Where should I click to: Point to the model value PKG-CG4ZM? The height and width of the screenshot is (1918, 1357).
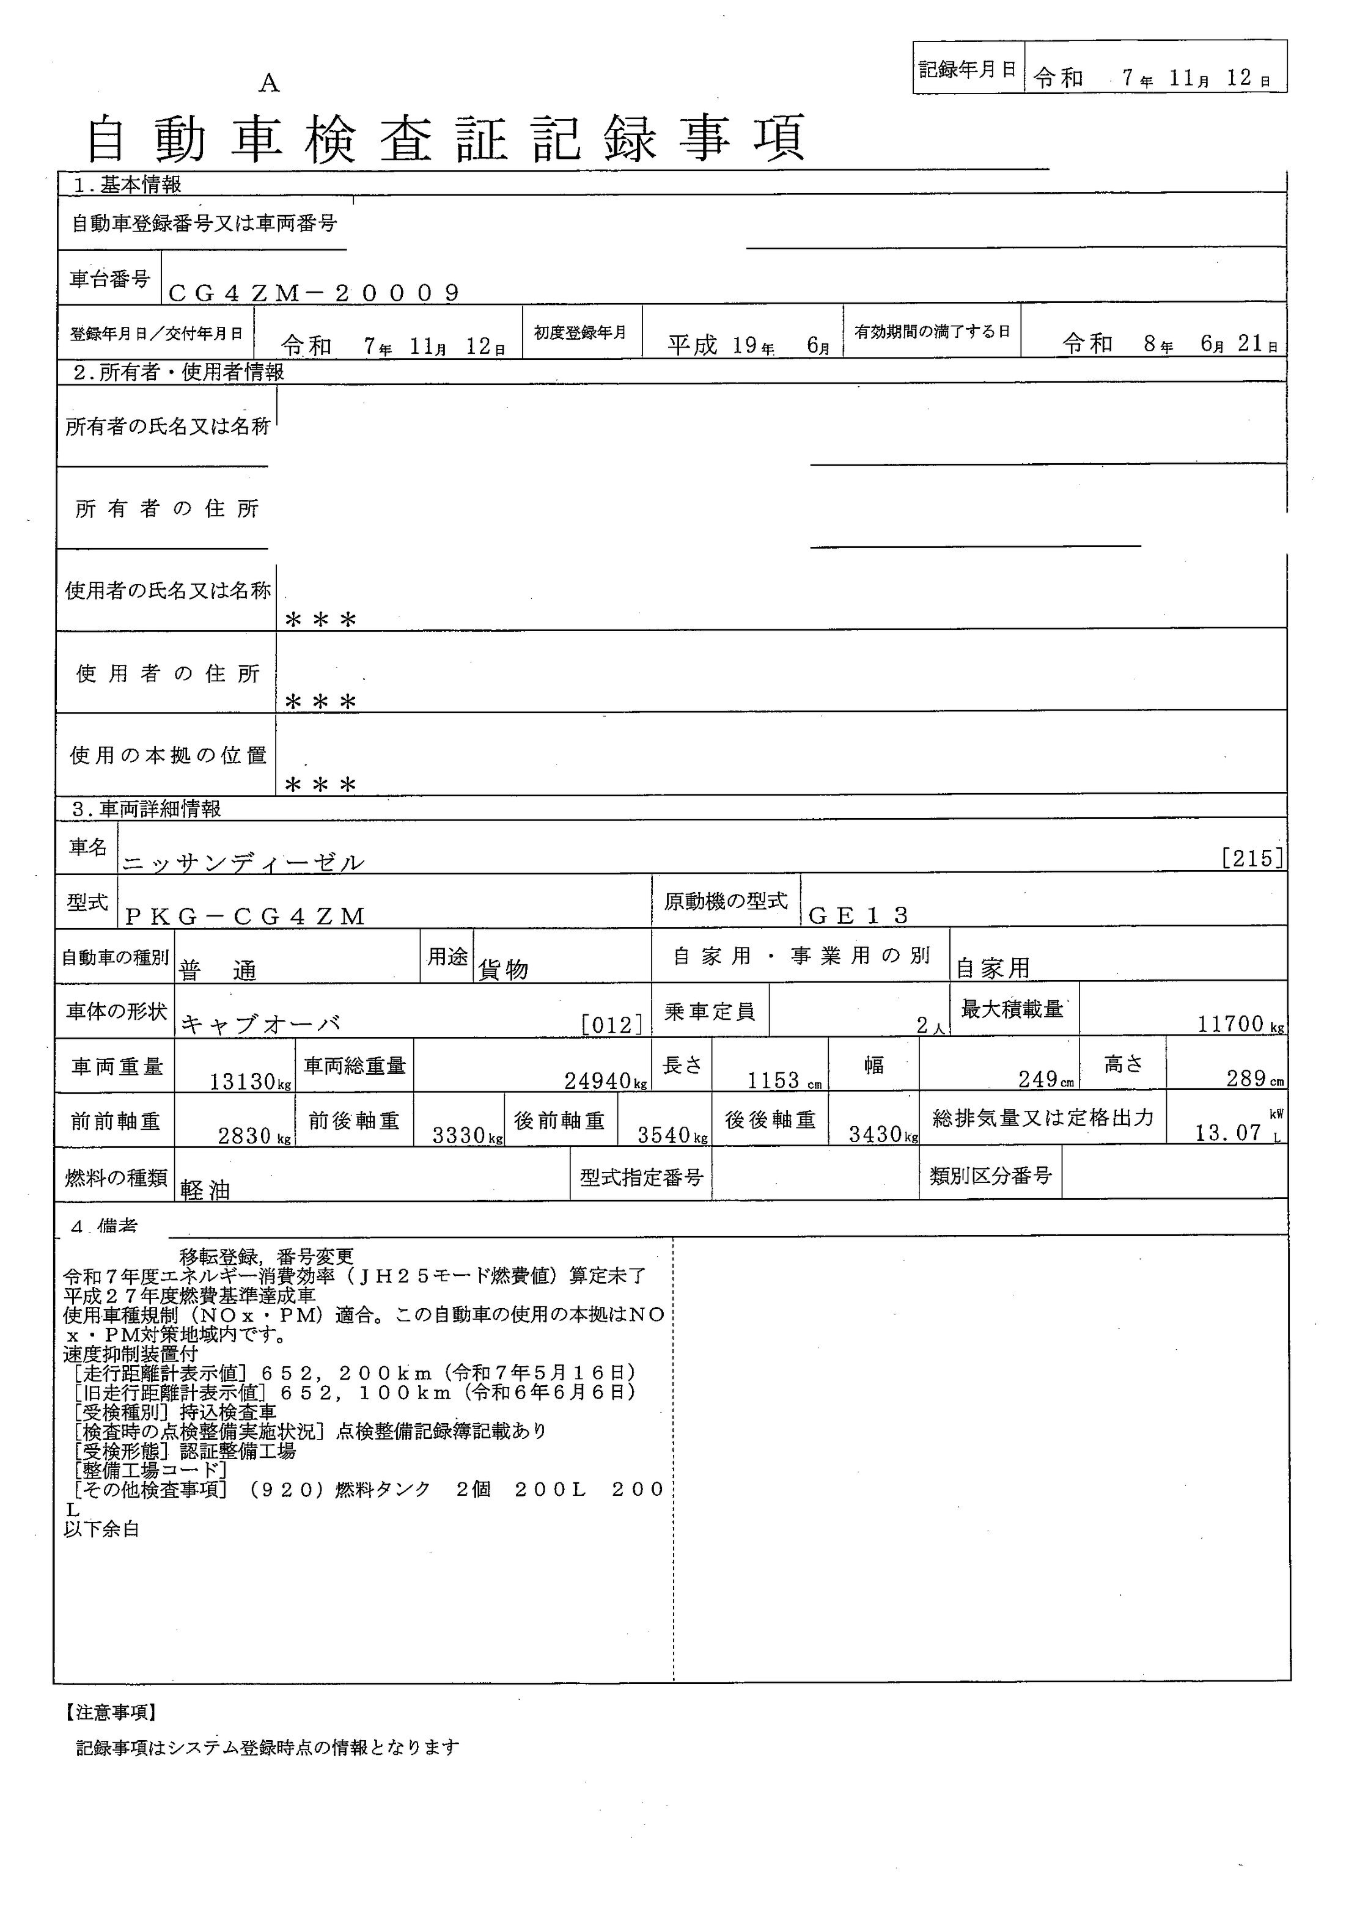[245, 917]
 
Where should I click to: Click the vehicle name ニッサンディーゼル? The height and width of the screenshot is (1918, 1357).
[243, 862]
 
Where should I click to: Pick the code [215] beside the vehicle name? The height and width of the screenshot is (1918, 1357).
[1251, 858]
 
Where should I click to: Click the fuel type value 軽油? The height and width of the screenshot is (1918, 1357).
[205, 1190]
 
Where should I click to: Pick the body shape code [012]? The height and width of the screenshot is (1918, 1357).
[612, 1024]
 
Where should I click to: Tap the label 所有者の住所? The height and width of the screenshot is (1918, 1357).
[167, 509]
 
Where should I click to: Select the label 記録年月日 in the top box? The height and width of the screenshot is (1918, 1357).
[967, 70]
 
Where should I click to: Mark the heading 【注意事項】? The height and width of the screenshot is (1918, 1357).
[109, 1713]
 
